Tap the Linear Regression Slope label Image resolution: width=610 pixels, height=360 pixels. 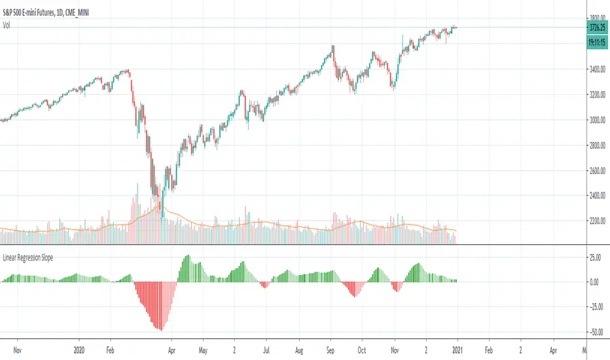(x=28, y=257)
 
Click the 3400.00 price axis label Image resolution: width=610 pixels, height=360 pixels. (x=596, y=70)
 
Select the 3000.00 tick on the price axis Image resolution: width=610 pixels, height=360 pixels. (x=596, y=120)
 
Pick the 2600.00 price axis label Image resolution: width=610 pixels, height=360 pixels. (x=596, y=171)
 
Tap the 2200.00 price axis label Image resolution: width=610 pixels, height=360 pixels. (x=596, y=221)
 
